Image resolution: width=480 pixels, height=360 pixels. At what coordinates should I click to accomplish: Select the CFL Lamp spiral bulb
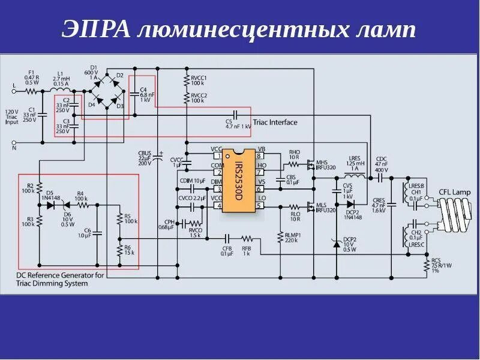pos(454,214)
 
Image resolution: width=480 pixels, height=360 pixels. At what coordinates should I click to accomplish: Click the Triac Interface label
pos(275,122)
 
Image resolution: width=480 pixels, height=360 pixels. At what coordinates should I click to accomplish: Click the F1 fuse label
pos(32,77)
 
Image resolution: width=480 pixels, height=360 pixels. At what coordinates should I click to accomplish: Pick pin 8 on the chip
pos(260,156)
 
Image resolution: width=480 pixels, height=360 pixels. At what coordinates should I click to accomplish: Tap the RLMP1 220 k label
pos(293,237)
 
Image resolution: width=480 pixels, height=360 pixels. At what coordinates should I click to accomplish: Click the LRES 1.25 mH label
pos(356,164)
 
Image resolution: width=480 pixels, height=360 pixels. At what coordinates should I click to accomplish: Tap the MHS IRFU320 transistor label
pos(326,165)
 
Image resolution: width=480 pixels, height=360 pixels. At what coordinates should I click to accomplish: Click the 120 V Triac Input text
pos(12,117)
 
